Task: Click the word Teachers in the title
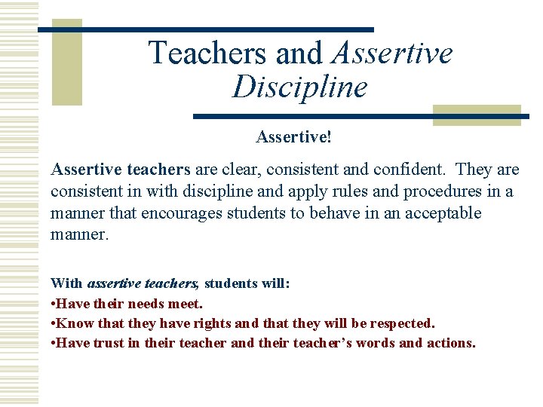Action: pos(208,54)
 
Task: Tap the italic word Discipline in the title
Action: pos(299,87)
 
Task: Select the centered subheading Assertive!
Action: pos(293,137)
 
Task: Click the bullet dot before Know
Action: pos(53,323)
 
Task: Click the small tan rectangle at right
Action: pos(476,115)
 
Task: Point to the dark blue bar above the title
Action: pos(205,29)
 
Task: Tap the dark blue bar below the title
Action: pos(360,117)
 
